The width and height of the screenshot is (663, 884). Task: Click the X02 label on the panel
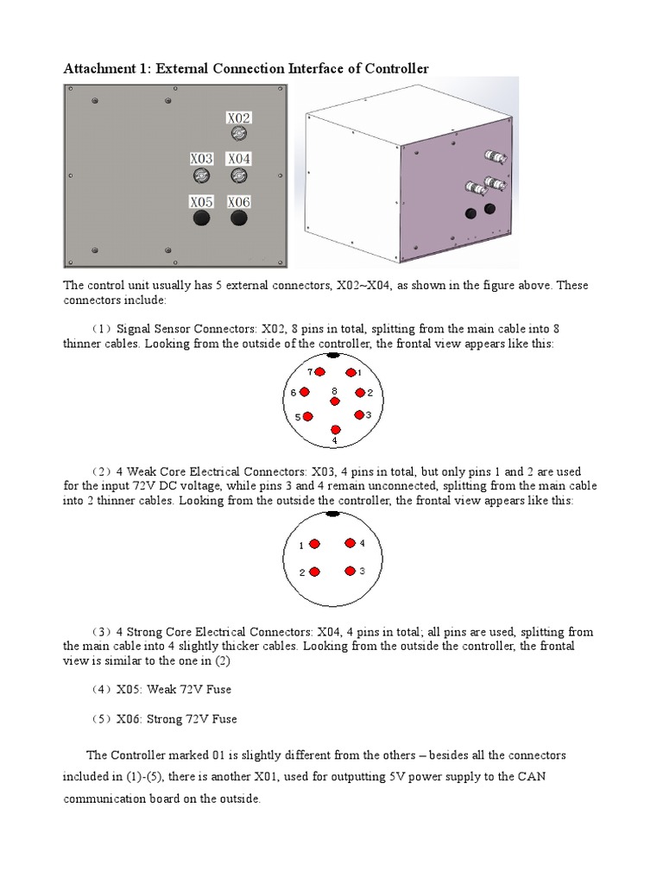[x=239, y=117]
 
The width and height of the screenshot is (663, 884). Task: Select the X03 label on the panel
[x=201, y=159]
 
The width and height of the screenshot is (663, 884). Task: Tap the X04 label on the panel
[x=239, y=159]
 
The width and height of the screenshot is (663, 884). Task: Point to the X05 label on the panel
[x=201, y=202]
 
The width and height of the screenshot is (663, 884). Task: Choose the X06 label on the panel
[x=239, y=202]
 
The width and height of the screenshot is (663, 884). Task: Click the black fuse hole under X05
[x=201, y=219]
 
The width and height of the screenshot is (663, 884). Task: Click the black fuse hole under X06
[x=239, y=219]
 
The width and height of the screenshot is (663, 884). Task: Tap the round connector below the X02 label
[x=239, y=134]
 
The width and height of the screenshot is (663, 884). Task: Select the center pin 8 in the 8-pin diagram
[x=335, y=401]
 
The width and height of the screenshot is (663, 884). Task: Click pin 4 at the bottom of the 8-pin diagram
[x=335, y=429]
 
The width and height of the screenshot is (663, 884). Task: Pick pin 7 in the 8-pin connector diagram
[x=319, y=373]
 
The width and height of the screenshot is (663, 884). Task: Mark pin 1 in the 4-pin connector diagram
[x=314, y=544]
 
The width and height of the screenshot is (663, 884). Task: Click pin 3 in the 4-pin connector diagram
[x=350, y=571]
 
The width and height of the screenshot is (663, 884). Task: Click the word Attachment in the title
[x=99, y=68]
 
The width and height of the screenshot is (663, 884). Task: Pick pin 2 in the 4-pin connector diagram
[x=314, y=571]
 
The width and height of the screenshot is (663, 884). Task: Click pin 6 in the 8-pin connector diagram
[x=304, y=392]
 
